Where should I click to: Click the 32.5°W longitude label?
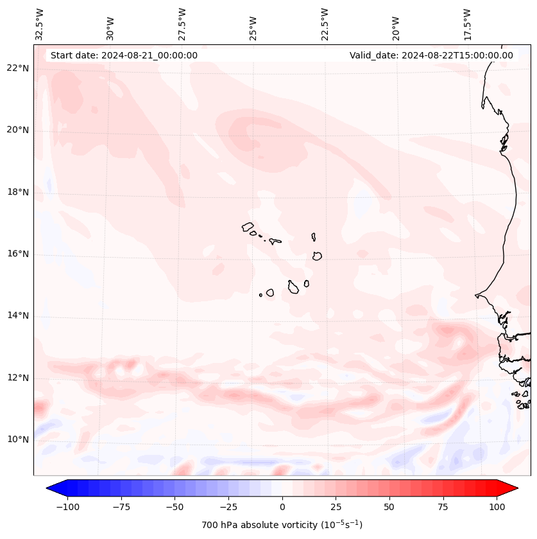pyautogui.click(x=40, y=24)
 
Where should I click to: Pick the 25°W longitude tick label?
pyautogui.click(x=253, y=24)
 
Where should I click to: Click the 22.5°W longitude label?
pyautogui.click(x=325, y=24)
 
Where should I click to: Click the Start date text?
pyautogui.click(x=124, y=55)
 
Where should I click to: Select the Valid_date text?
pyautogui.click(x=431, y=55)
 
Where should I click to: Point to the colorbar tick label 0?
pyautogui.click(x=282, y=507)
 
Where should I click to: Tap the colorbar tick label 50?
pyautogui.click(x=389, y=507)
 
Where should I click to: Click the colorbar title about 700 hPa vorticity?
pyautogui.click(x=282, y=525)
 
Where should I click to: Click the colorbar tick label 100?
pyautogui.click(x=497, y=507)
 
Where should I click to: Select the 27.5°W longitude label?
pyautogui.click(x=182, y=24)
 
